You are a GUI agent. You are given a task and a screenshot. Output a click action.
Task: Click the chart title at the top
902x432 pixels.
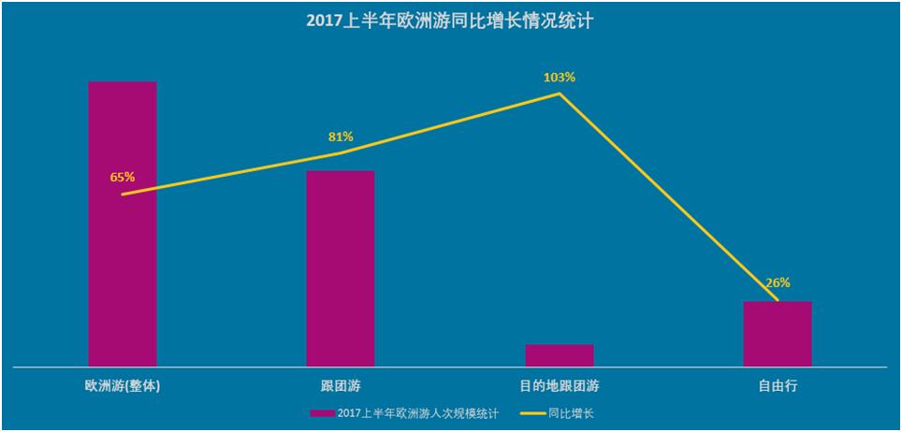(450, 21)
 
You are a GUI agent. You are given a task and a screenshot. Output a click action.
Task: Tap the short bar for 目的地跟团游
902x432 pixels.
(560, 355)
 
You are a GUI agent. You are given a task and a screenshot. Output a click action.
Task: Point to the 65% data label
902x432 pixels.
(123, 176)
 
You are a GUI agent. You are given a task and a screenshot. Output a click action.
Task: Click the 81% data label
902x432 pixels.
(341, 137)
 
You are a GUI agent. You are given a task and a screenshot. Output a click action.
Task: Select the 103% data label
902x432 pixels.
(560, 77)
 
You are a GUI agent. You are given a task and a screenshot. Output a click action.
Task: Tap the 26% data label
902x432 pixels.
(778, 282)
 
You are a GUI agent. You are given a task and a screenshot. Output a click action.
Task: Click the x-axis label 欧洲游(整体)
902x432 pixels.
(123, 385)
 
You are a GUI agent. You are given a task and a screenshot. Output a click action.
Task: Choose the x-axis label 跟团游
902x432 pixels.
(341, 385)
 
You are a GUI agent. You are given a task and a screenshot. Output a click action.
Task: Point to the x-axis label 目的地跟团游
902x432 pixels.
(560, 385)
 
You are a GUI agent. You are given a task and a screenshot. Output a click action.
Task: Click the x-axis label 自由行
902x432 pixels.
(778, 385)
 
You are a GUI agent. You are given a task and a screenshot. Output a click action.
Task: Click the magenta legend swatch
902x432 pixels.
(321, 412)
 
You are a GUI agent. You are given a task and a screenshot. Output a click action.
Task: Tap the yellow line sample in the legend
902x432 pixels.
(532, 412)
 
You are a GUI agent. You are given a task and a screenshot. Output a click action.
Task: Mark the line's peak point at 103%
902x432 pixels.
(560, 93)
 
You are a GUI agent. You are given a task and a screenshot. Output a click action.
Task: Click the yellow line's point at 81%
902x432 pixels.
(341, 153)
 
